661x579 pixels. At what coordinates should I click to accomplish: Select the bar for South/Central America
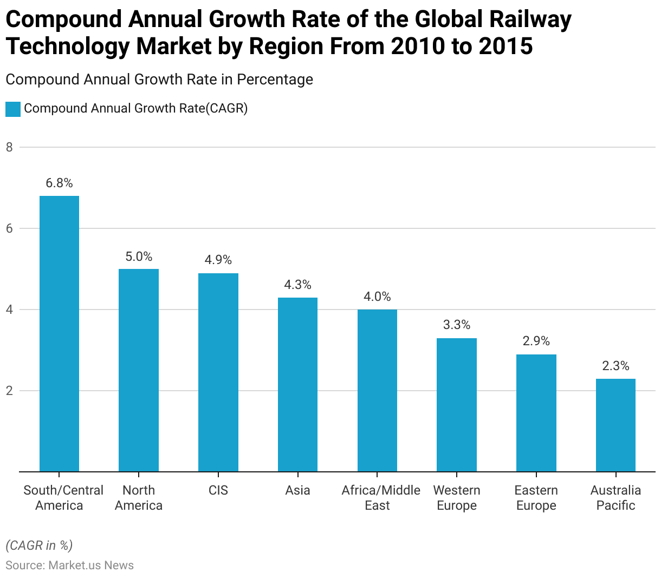pos(59,334)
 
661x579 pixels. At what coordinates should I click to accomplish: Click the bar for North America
pos(139,370)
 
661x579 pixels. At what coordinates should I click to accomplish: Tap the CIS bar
pos(218,372)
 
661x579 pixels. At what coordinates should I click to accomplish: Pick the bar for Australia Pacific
pos(615,425)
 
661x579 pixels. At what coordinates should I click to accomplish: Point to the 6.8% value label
pos(59,183)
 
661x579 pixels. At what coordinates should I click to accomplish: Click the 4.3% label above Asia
pos(297,285)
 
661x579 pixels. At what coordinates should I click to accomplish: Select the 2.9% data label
pos(536,341)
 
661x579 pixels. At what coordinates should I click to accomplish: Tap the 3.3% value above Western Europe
pos(457,325)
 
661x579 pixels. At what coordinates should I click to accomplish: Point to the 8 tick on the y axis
pos(9,147)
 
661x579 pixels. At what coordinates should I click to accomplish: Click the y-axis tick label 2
pos(9,391)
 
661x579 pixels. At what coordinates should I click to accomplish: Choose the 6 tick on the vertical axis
pos(9,228)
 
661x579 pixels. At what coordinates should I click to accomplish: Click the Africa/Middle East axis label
pos(381,498)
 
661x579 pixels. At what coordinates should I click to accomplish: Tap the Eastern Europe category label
pos(536,498)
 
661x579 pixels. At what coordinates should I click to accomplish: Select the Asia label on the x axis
pos(297,490)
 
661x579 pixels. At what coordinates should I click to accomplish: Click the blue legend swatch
pos(13,109)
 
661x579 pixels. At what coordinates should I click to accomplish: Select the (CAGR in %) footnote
pos(39,545)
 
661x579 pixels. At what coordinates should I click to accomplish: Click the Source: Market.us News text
pos(69,565)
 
